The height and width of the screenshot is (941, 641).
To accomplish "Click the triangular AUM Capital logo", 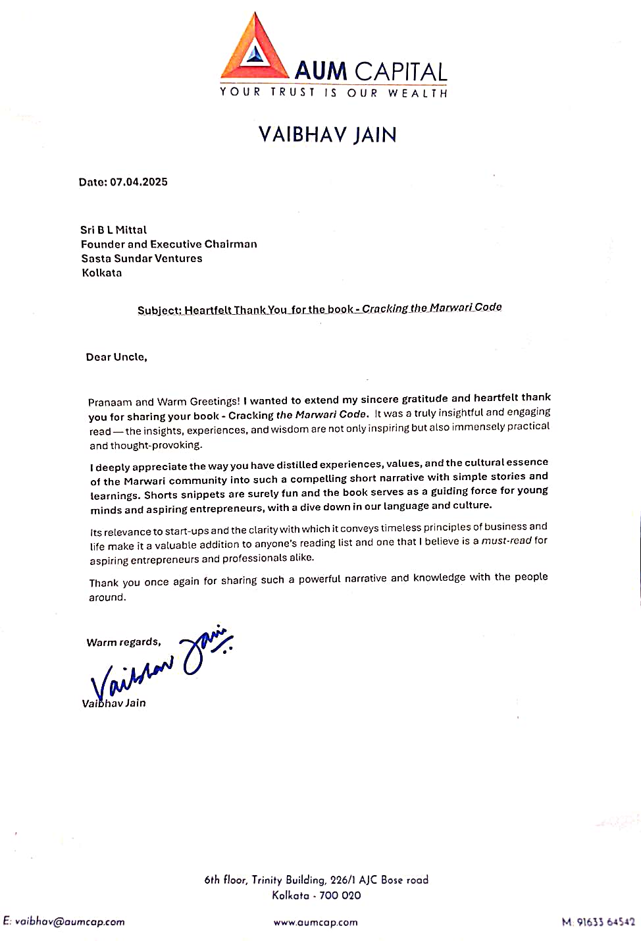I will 255,47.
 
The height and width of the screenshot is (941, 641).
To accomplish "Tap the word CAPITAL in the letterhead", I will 401,71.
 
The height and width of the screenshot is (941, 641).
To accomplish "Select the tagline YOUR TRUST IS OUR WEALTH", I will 334,93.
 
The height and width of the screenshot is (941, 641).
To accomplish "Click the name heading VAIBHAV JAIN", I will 328,135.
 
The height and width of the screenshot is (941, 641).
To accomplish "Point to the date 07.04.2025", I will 139,182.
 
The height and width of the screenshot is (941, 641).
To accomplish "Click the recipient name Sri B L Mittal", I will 113,230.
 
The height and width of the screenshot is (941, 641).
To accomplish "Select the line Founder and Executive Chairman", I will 168,244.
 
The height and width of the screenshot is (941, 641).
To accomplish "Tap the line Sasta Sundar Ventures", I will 141,258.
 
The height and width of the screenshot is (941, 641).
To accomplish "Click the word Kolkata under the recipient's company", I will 102,273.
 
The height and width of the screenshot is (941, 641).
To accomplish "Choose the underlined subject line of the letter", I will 319,309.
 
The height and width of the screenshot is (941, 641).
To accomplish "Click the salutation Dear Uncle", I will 116,357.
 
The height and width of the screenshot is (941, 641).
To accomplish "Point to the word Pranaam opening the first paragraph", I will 110,402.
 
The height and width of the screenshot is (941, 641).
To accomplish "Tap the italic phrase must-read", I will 506,541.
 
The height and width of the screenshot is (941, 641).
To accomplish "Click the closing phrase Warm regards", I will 124,642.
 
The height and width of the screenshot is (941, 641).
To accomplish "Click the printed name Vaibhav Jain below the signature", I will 114,703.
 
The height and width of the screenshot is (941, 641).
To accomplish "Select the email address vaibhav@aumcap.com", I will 69,922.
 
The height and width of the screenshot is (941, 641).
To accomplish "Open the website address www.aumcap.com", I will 316,923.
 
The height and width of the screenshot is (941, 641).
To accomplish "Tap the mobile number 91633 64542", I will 605,923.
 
